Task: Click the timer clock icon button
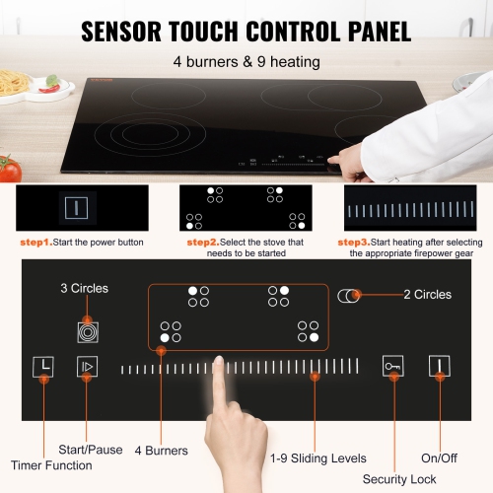point(44,367)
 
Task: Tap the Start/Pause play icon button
point(88,367)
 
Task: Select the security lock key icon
point(393,367)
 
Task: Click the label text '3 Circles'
point(85,288)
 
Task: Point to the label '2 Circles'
point(427,295)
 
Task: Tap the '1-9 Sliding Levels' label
point(318,458)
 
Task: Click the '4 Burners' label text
point(161,451)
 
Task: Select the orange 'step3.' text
point(354,242)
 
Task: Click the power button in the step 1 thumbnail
point(71,208)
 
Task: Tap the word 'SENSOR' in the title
point(133,31)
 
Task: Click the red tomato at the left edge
point(9,169)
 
